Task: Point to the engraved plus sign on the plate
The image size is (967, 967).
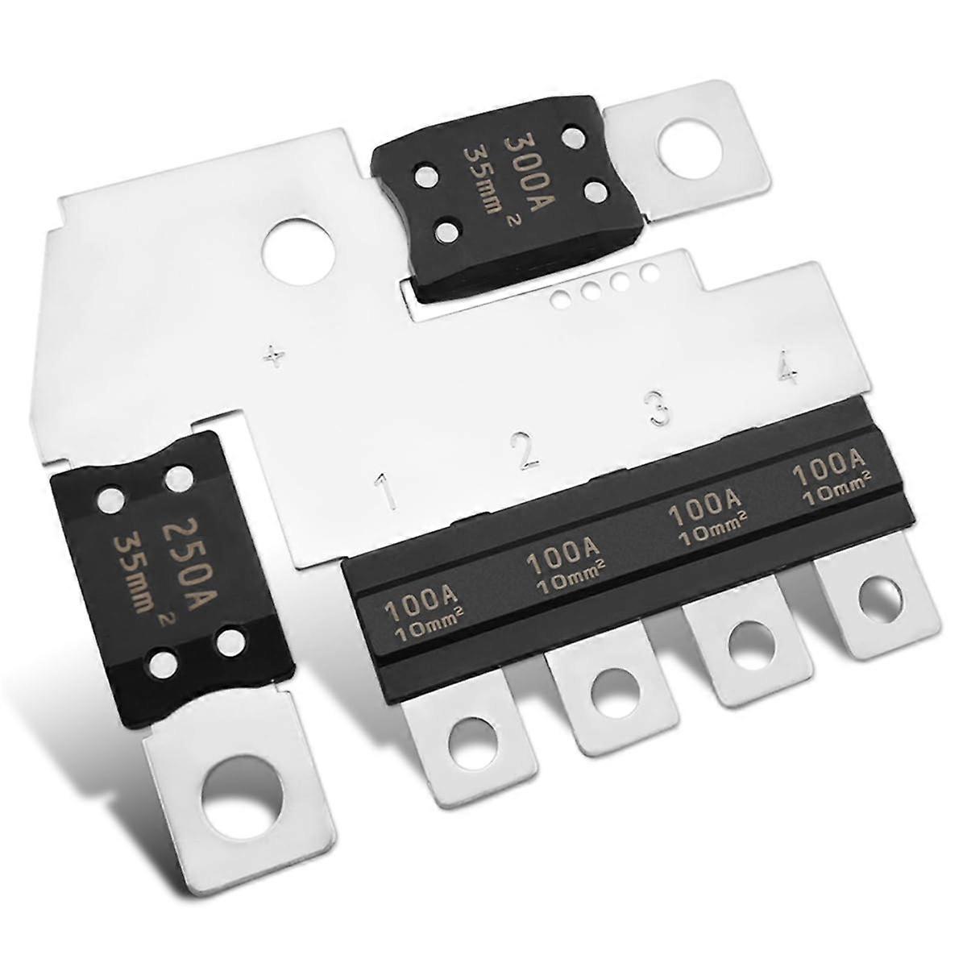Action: [x=276, y=355]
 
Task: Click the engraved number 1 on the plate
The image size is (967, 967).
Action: [x=388, y=492]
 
